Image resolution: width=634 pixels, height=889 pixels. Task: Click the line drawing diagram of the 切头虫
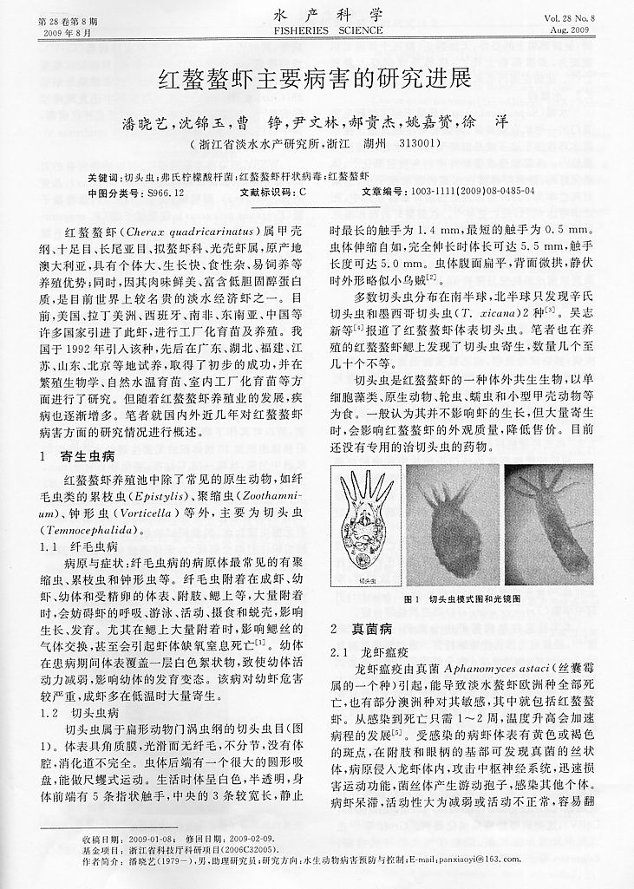(370, 528)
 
